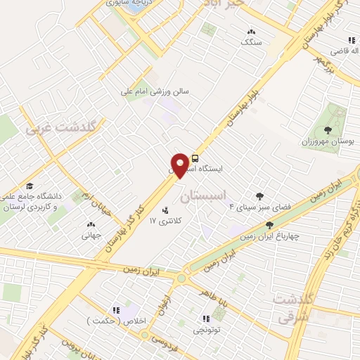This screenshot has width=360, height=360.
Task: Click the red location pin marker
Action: [x=181, y=165]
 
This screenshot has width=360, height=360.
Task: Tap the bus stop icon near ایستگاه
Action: [x=195, y=158]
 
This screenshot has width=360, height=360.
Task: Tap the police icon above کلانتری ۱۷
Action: [x=166, y=210]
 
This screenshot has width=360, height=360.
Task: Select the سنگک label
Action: [x=250, y=43]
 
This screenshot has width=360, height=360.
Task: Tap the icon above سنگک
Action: [x=251, y=32]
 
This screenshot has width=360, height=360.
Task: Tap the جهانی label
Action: [x=92, y=236]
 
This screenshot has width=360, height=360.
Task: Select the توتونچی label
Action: [x=207, y=329]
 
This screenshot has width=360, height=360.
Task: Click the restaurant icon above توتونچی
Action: [x=206, y=318]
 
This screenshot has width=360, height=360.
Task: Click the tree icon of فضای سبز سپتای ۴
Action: [x=260, y=196]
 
